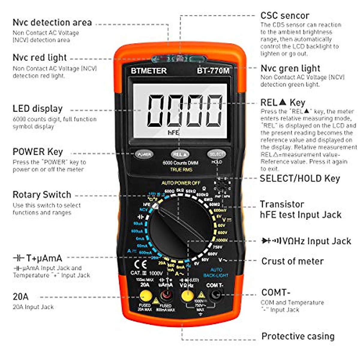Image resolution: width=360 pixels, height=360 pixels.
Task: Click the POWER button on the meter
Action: click(144, 154)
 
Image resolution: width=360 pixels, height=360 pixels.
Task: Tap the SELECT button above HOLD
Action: click(216, 154)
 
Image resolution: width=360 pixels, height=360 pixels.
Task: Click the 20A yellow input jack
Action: click(145, 296)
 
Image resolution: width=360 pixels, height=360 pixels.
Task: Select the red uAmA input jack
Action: click(166, 296)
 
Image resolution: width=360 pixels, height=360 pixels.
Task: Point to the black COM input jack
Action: click(216, 294)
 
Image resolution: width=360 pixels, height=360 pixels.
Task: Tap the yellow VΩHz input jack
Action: click(187, 296)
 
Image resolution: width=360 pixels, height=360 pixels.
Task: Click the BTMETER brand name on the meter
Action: click(148, 71)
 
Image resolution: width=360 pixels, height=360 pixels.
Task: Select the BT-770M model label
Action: click(213, 71)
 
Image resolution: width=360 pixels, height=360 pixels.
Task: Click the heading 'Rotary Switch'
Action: click(42, 195)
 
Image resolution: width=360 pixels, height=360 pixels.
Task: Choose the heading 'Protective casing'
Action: click(298, 336)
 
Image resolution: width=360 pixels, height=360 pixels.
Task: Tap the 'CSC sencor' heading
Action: click(285, 16)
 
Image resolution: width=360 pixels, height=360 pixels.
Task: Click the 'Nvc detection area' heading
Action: click(52, 22)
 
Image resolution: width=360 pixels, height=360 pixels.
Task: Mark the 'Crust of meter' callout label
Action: click(292, 261)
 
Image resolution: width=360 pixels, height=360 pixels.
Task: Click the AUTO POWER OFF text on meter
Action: click(181, 183)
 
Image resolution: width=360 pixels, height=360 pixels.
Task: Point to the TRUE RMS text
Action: click(181, 170)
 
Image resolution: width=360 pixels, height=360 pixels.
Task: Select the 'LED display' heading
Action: click(37, 109)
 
